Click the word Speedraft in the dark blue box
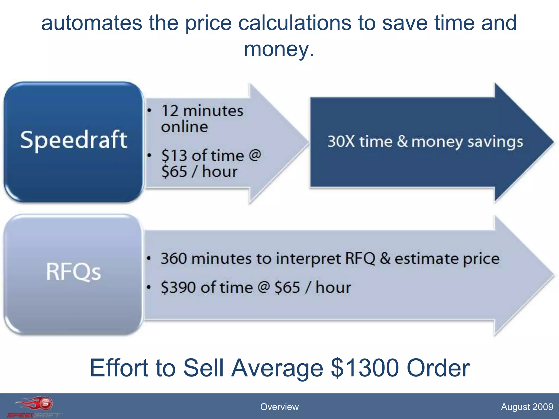click(74, 140)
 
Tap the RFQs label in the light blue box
click(73, 271)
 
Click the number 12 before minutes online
click(170, 111)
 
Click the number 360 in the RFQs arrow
click(174, 258)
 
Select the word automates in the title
click(92, 23)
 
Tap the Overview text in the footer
click(279, 407)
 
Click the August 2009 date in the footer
click(527, 407)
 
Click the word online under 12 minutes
click(185, 127)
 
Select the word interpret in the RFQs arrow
click(308, 259)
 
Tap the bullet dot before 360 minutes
click(149, 258)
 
